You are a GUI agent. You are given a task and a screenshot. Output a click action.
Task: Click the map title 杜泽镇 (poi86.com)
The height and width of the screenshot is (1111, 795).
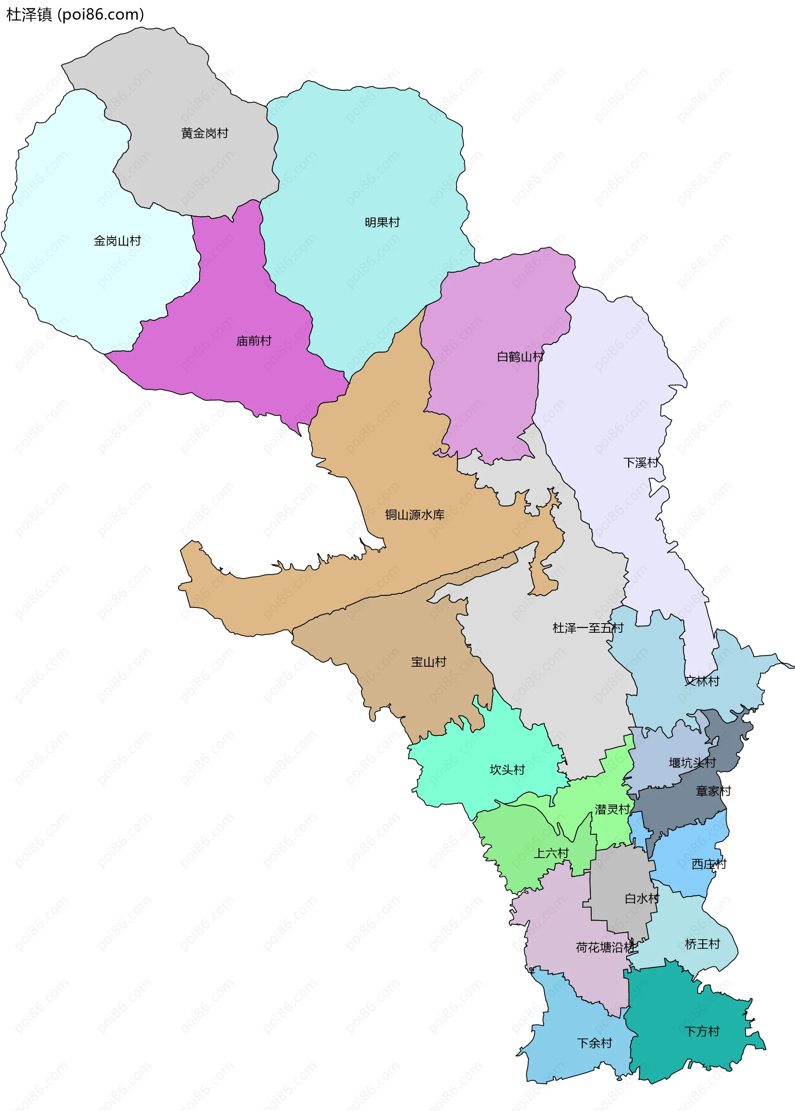click(75, 14)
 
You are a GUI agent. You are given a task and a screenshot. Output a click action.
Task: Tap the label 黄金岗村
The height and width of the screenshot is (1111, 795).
click(205, 133)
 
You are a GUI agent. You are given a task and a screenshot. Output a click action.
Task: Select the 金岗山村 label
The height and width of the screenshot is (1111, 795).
click(117, 241)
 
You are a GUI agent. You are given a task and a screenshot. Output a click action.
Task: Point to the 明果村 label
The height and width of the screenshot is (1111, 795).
click(382, 222)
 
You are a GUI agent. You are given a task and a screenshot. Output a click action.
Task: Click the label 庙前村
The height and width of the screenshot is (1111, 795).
click(253, 341)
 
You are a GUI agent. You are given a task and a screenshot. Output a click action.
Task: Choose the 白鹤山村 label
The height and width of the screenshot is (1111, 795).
click(520, 357)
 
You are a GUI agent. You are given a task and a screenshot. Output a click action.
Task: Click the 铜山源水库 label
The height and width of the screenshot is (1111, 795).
click(414, 514)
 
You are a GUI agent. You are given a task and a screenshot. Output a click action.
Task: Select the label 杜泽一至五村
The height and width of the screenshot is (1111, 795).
click(588, 628)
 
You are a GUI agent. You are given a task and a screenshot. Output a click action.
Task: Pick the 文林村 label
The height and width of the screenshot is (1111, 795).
click(702, 681)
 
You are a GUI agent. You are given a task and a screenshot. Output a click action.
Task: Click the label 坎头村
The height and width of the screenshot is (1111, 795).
click(507, 770)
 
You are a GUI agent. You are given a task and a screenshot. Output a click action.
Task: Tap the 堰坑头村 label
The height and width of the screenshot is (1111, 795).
click(692, 762)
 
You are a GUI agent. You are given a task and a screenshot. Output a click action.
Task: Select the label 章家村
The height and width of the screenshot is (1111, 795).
click(713, 791)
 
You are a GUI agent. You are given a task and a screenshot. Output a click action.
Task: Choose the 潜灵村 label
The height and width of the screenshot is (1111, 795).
click(612, 810)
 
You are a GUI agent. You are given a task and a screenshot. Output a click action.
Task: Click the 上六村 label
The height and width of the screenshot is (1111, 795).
click(551, 853)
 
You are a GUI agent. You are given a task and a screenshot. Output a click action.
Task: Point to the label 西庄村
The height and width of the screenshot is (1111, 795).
click(709, 864)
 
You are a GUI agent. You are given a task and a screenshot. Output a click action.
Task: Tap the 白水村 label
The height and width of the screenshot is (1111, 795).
click(642, 899)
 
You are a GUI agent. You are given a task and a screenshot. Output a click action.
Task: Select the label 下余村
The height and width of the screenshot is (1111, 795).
click(594, 1044)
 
